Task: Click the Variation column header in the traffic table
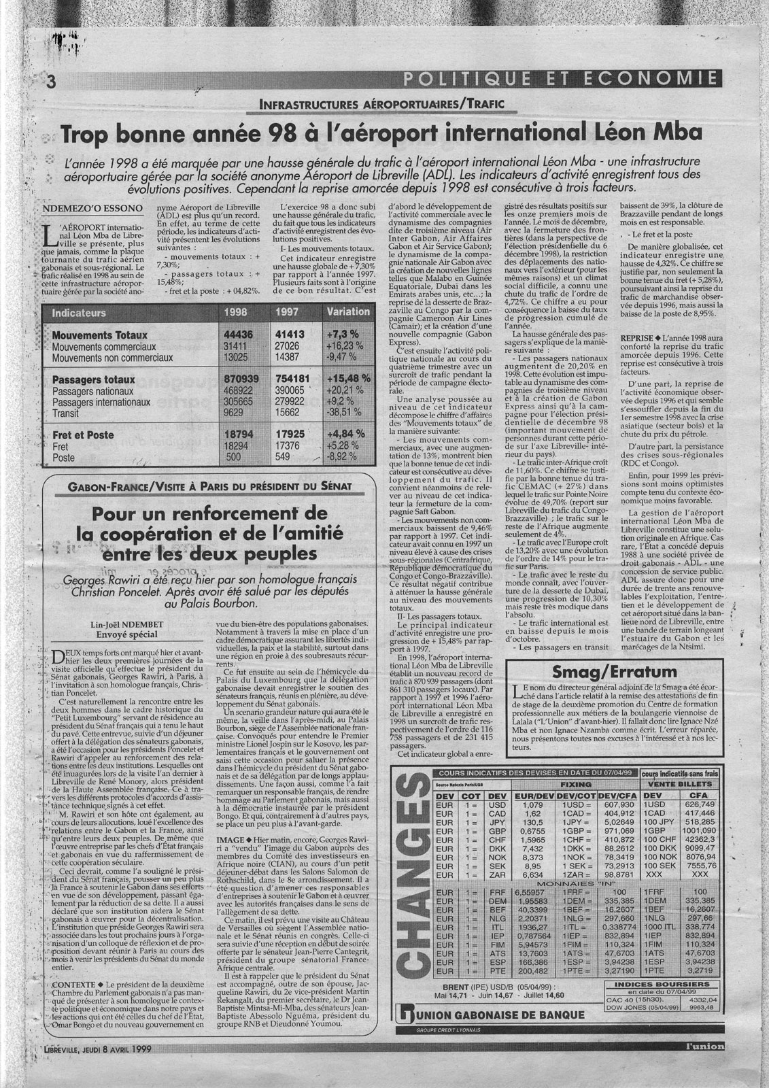[348, 311]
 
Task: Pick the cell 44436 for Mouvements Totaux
[239, 336]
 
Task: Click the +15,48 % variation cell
[348, 378]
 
